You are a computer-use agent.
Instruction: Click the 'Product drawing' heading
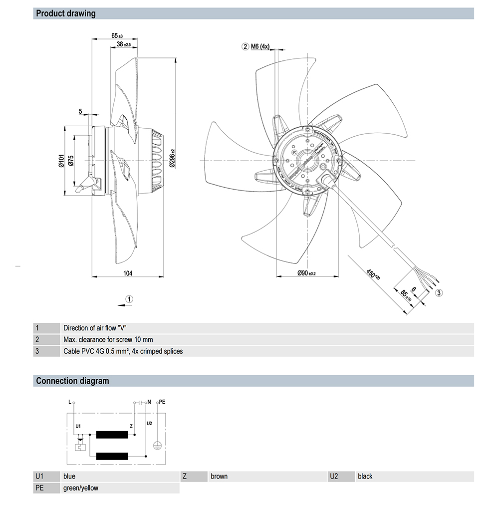point(65,13)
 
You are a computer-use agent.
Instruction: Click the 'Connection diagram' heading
point(72,381)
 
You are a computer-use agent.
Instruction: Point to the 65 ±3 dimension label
point(117,36)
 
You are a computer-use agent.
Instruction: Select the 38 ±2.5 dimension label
point(123,44)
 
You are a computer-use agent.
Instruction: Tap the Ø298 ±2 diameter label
point(173,159)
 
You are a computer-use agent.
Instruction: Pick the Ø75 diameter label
point(71,161)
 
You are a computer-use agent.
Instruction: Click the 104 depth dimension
point(128,272)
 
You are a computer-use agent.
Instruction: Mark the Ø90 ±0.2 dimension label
point(306,273)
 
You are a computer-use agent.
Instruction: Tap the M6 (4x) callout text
point(260,46)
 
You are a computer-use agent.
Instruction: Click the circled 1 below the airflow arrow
point(129,299)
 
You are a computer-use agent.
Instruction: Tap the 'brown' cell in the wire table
point(219,477)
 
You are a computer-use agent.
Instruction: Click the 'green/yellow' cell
point(81,488)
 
